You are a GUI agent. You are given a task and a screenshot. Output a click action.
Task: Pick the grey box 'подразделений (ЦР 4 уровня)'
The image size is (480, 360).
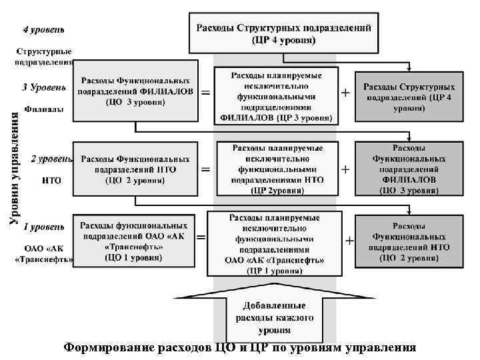coord(409,97)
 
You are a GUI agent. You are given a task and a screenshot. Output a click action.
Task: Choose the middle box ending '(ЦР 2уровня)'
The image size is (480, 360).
coord(278,169)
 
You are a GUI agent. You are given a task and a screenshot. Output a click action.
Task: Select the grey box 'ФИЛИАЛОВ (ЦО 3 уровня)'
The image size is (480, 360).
coord(409,169)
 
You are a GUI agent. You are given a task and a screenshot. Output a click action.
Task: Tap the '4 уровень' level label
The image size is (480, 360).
coord(44,30)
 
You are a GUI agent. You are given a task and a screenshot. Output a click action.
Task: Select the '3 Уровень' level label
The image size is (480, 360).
coord(44,87)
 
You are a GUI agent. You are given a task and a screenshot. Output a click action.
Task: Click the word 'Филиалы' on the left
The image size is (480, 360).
coord(44,108)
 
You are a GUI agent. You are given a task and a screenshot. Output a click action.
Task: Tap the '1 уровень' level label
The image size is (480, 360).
coord(44,227)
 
